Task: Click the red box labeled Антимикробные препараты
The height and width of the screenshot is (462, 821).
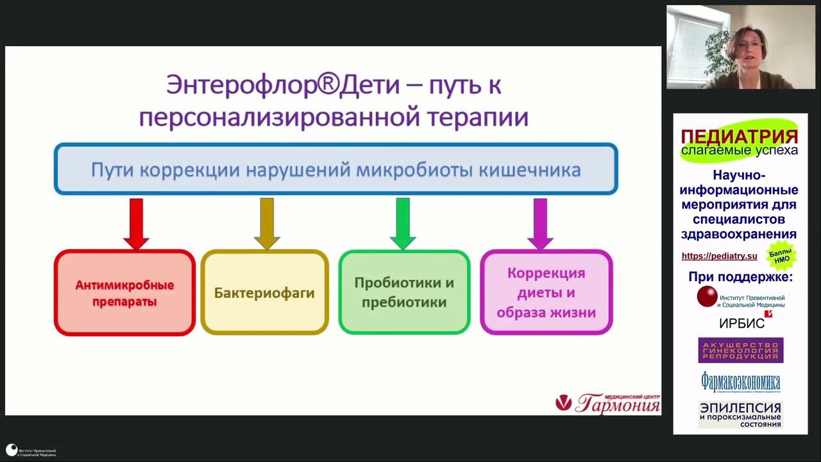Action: [124, 293]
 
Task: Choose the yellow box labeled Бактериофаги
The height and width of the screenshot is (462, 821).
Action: [264, 293]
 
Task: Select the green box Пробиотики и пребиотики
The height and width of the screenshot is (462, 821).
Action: [404, 293]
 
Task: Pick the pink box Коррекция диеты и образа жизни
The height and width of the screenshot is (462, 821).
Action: [546, 293]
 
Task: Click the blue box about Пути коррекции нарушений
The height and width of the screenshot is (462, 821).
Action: [335, 169]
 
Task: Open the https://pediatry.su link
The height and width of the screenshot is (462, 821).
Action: [719, 256]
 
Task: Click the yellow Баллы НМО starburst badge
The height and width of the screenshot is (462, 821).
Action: [782, 255]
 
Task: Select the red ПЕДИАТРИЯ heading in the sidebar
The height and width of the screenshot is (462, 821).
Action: [739, 137]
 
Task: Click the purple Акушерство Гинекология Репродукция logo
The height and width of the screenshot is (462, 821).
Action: [740, 350]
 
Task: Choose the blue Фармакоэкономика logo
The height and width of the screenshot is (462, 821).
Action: [740, 382]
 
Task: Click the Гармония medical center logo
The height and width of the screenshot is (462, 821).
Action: [607, 403]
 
